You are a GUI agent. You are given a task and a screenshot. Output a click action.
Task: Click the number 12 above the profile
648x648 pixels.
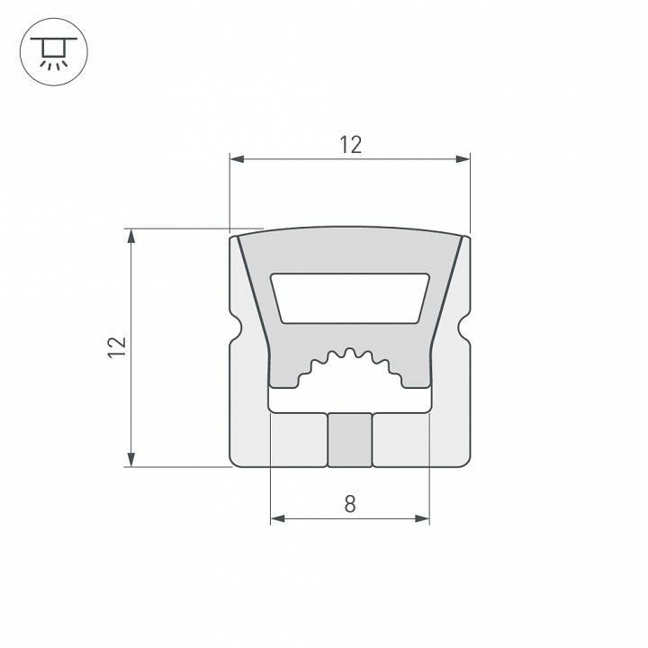pyautogui.click(x=350, y=144)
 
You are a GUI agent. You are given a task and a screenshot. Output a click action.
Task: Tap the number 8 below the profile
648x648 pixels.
pyautogui.click(x=350, y=504)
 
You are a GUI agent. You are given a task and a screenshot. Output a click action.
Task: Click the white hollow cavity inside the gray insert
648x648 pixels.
pyautogui.click(x=350, y=297)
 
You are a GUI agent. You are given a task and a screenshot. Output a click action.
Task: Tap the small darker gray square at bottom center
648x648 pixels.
pyautogui.click(x=349, y=440)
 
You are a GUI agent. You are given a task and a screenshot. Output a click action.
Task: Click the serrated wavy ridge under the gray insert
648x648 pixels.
pyautogui.click(x=350, y=360)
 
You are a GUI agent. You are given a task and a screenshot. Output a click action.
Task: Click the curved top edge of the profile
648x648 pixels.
pyautogui.click(x=350, y=229)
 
